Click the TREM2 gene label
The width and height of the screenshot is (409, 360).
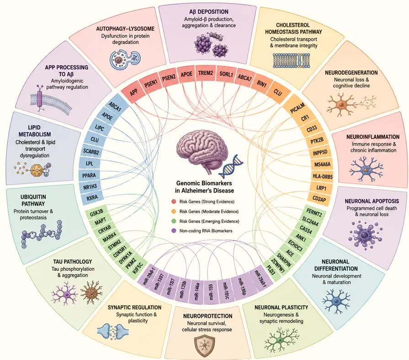pos(206,73)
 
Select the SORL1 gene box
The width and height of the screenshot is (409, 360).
pos(225,75)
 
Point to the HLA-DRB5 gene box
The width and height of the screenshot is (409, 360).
pos(322,176)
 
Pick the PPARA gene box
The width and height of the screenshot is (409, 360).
pos(89,176)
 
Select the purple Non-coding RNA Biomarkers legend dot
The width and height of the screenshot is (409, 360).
pos(174,231)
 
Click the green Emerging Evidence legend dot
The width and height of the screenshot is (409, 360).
pos(174,221)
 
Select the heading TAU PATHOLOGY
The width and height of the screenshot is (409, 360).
pos(73,262)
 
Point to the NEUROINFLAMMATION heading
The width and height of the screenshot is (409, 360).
pos(373,137)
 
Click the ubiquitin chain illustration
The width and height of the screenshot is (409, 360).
pos(42,234)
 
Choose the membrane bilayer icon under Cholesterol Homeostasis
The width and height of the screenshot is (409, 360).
pos(292,60)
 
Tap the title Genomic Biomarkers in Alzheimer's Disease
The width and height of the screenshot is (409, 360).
pos(204,187)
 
